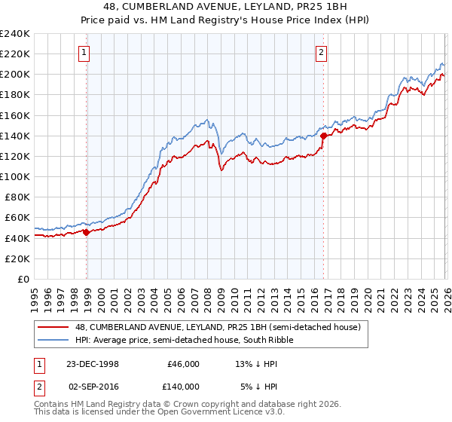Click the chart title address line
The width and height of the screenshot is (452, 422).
pos(226,8)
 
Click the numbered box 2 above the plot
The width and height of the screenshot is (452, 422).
pos(321,52)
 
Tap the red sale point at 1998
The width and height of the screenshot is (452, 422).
pos(87,232)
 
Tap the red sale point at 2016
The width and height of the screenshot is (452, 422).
pos(323,136)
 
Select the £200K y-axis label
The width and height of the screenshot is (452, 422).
pos(15,75)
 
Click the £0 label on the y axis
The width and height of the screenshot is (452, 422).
pos(23,279)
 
